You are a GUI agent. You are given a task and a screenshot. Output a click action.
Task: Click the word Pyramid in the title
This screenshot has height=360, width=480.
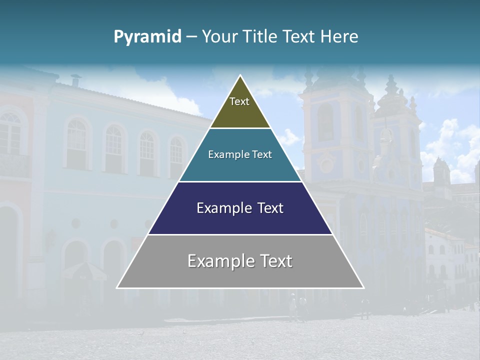(147, 37)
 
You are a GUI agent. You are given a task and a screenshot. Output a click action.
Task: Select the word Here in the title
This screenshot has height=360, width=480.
(339, 36)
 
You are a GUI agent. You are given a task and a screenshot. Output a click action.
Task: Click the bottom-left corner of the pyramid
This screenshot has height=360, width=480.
(117, 287)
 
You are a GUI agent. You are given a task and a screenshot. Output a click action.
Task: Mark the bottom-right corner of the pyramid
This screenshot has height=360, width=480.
(363, 287)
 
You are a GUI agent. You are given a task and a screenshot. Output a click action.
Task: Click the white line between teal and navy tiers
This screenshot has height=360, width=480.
(240, 181)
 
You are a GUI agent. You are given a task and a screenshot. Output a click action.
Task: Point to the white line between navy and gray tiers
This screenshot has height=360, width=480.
(240, 234)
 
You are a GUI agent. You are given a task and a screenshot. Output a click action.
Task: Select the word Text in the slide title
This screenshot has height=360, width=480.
(299, 36)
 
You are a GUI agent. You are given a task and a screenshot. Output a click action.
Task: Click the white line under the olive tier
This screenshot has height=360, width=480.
(240, 128)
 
